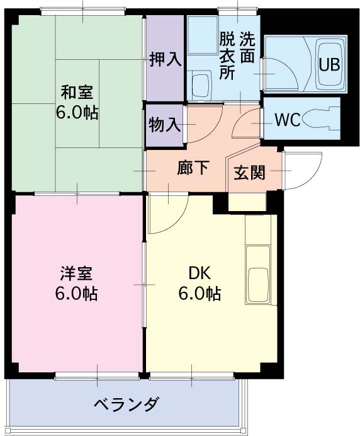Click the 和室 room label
[77, 93]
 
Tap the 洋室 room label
[77, 274]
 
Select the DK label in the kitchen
[200, 274]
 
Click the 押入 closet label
[166, 60]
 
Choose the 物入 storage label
[164, 124]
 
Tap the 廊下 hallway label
[193, 168]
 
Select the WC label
[286, 120]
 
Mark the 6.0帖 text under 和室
[77, 114]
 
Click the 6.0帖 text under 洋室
[77, 294]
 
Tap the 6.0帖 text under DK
[200, 294]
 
